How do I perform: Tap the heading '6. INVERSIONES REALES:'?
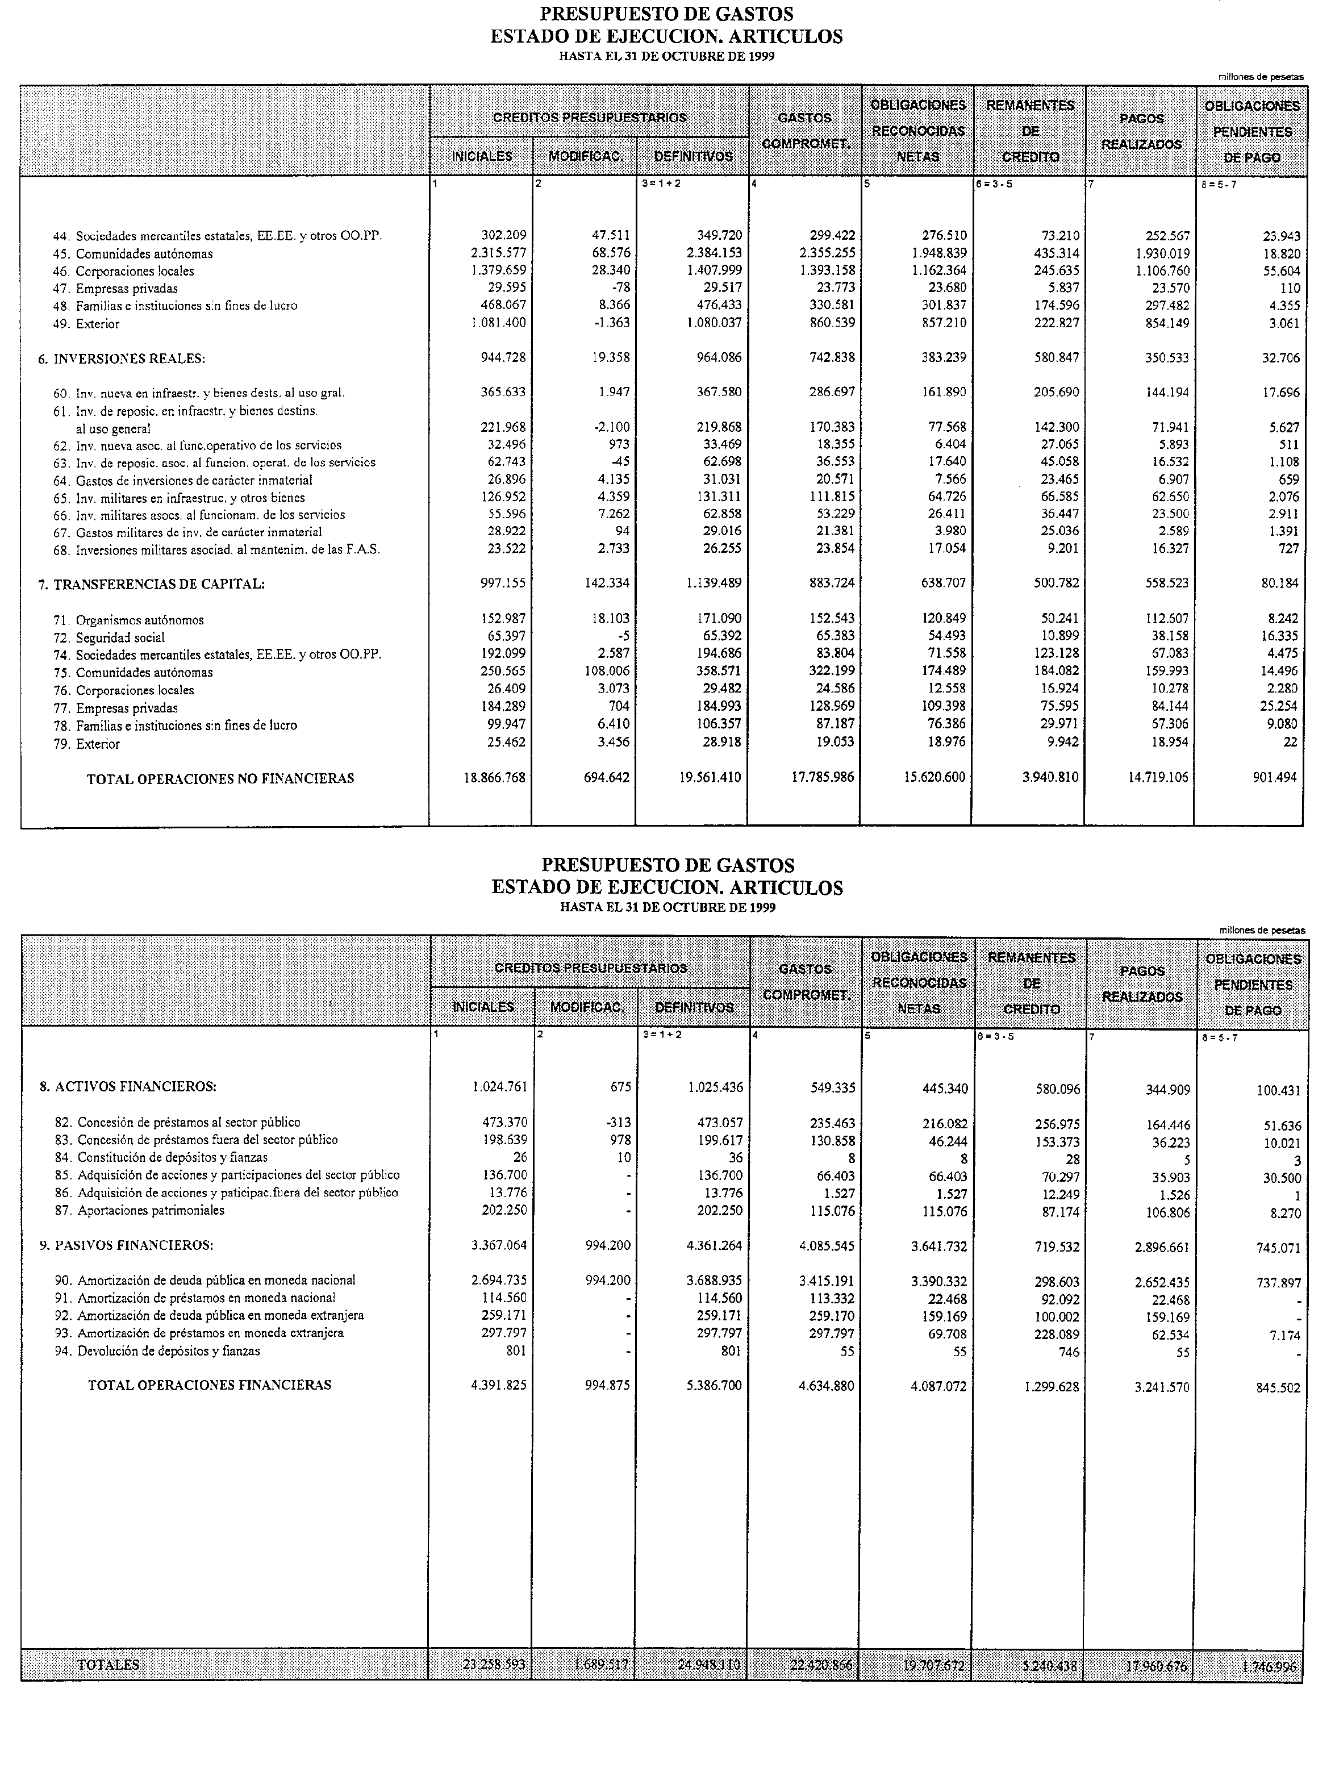point(121,359)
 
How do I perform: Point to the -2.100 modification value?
point(611,427)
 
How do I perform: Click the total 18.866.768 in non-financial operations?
point(494,777)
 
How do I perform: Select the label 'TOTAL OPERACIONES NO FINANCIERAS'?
point(220,778)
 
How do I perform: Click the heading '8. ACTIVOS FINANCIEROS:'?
point(128,1087)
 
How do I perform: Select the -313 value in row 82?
point(618,1122)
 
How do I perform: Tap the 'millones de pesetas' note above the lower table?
point(1261,930)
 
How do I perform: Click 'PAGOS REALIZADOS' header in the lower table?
point(1141,984)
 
